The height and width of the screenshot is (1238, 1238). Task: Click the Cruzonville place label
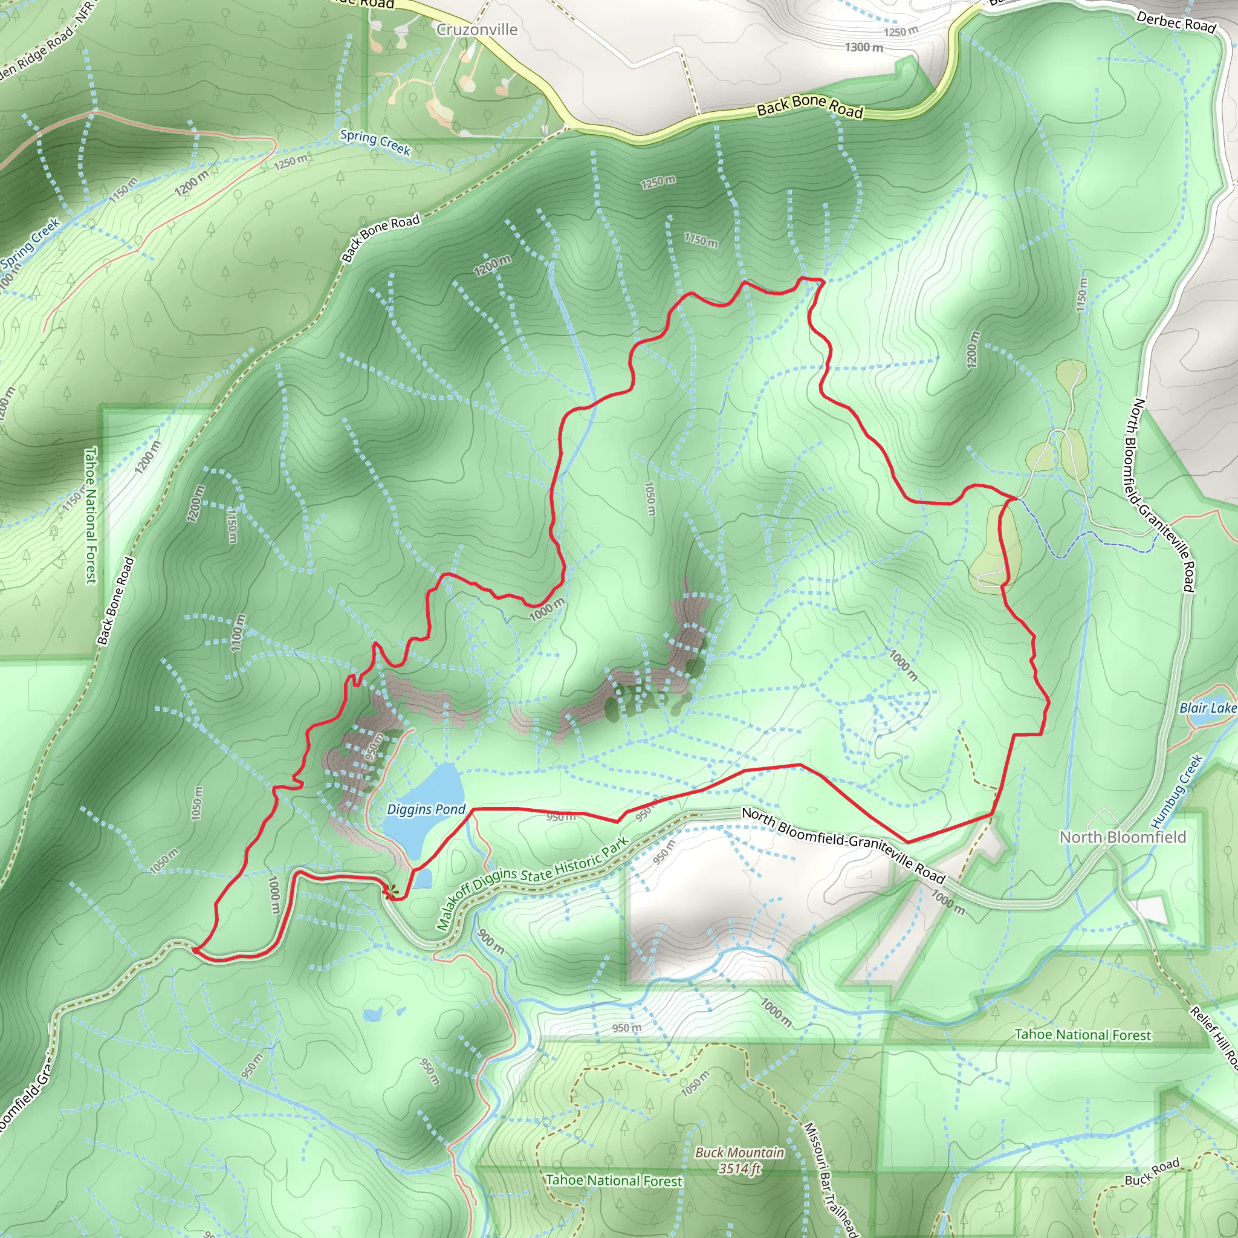(477, 30)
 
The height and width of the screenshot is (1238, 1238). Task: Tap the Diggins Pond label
(426, 809)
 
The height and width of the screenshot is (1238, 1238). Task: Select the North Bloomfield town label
(1123, 837)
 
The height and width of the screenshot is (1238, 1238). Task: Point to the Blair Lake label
(1208, 707)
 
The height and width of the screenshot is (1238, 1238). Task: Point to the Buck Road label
(1152, 1172)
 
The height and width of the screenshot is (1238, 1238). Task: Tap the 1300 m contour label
(864, 47)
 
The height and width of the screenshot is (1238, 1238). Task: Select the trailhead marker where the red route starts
(390, 890)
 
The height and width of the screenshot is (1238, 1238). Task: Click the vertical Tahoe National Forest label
(91, 515)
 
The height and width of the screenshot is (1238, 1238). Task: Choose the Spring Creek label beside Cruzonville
(375, 142)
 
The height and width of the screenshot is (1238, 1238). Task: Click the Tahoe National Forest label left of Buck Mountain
(614, 1181)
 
